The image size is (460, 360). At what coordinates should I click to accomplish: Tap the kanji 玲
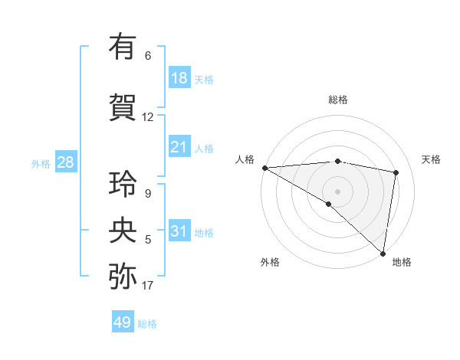(123, 184)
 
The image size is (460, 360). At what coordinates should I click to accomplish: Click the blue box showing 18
(179, 78)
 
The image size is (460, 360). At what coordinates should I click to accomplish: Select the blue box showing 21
(179, 147)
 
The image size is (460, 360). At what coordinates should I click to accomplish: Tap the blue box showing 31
(179, 231)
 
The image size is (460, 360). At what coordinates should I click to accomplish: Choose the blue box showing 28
(65, 162)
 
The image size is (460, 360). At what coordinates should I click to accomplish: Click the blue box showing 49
(123, 322)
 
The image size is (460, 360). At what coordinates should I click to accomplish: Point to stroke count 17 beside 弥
(147, 286)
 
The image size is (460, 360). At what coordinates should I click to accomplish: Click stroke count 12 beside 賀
(147, 117)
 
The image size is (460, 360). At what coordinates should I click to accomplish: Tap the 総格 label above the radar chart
(337, 100)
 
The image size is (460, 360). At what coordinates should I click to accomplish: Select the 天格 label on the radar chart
(431, 159)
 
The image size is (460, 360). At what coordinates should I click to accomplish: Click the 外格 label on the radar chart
(270, 262)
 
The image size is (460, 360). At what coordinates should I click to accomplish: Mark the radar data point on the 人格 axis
(264, 168)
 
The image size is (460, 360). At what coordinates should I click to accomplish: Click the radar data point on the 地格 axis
(382, 253)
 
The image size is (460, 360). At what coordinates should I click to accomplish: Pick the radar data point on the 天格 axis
(396, 172)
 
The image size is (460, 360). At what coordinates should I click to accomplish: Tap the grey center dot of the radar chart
(337, 191)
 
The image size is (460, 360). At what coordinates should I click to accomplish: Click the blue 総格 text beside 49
(147, 324)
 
